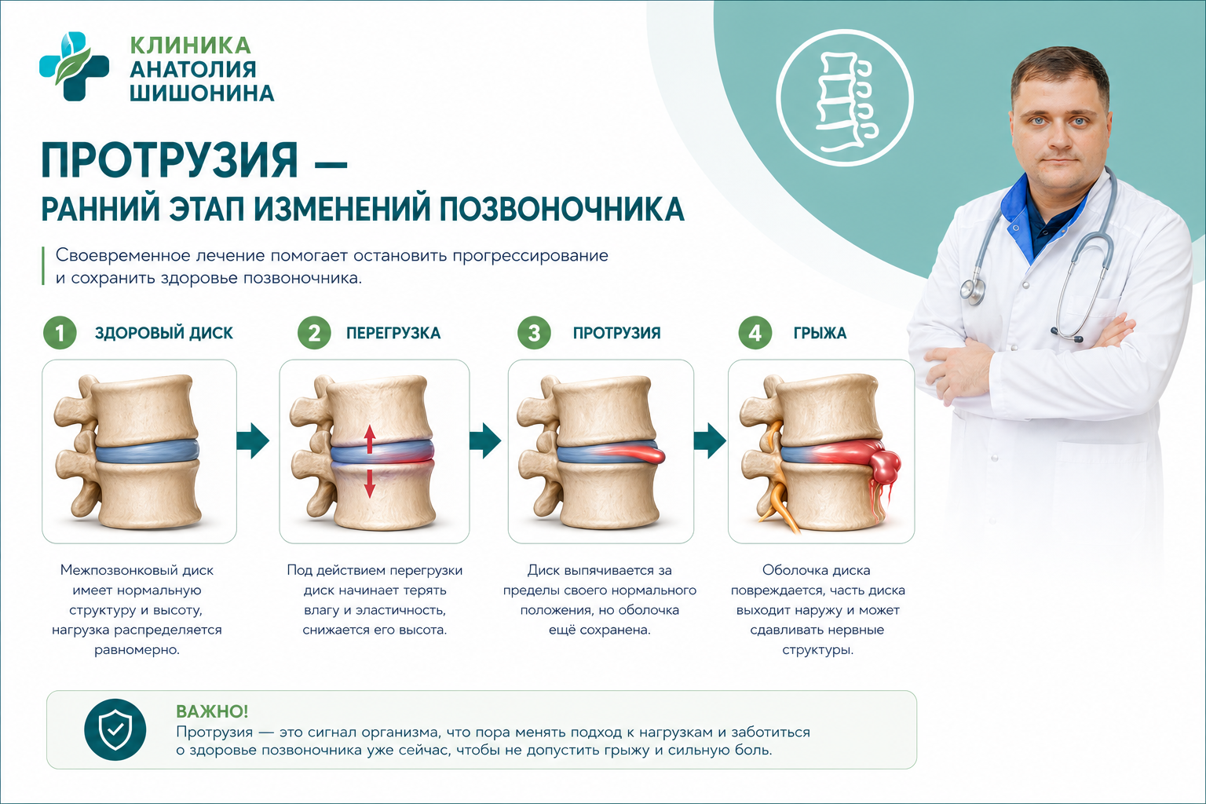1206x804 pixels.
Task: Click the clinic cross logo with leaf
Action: [x=75, y=66]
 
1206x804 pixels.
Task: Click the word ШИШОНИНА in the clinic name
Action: [x=202, y=93]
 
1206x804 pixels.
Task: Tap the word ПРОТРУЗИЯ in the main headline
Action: [x=170, y=160]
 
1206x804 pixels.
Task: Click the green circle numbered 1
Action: [x=60, y=333]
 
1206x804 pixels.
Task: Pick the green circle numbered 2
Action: [x=314, y=333]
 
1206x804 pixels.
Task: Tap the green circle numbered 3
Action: [x=534, y=333]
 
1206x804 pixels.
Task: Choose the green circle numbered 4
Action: [x=755, y=333]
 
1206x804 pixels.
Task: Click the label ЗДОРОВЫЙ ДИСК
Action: [x=164, y=334]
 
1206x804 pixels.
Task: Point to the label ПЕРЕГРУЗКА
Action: [x=393, y=334]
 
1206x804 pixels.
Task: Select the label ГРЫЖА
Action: [x=820, y=334]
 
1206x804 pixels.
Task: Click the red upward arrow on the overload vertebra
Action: [x=369, y=439]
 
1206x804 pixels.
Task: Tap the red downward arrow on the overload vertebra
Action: [x=369, y=483]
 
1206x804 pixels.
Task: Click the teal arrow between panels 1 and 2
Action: [x=253, y=440]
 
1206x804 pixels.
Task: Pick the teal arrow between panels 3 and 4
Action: [x=710, y=440]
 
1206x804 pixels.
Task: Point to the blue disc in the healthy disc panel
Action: [x=148, y=451]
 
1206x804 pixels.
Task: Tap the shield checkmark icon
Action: [x=115, y=729]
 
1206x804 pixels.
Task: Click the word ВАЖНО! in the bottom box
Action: [x=212, y=711]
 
